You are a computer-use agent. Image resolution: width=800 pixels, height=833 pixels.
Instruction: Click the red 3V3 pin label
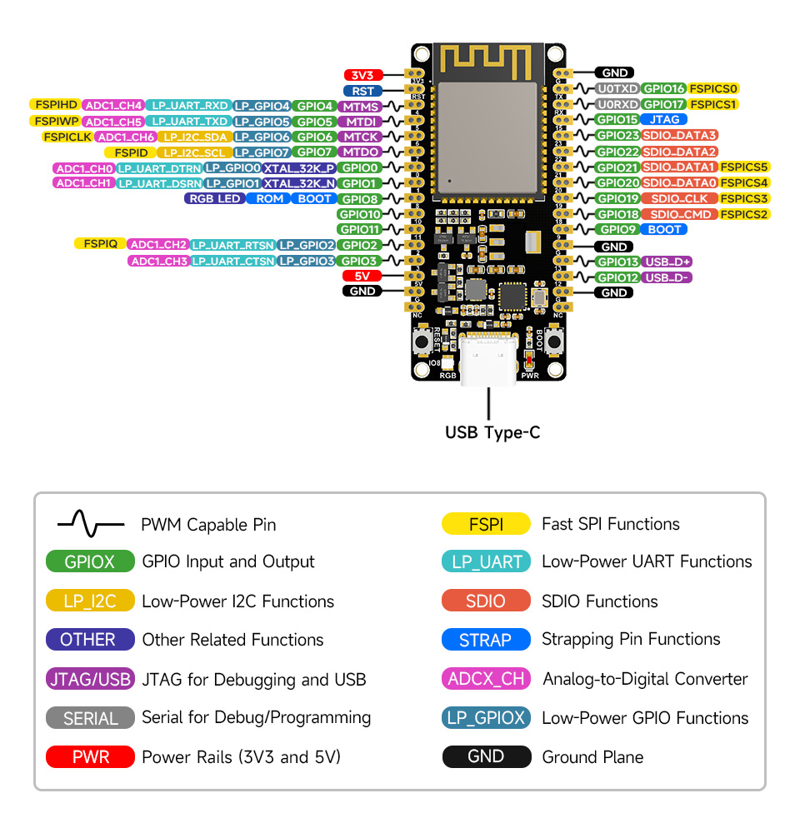(x=362, y=74)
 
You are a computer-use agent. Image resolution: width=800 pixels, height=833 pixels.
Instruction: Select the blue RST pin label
(x=362, y=91)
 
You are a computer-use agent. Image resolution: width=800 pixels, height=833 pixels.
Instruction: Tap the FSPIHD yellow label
(x=54, y=105)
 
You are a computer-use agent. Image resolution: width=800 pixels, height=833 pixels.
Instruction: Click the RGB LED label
(x=214, y=198)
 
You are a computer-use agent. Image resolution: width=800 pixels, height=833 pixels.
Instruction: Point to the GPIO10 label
(x=359, y=214)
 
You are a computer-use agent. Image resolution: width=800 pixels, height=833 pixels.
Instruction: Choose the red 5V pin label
(x=362, y=276)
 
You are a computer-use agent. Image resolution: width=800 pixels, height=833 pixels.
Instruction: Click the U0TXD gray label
(x=617, y=88)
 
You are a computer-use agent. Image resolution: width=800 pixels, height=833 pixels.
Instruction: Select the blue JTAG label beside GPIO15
(x=664, y=119)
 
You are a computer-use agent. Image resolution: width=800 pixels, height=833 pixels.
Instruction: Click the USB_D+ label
(x=668, y=262)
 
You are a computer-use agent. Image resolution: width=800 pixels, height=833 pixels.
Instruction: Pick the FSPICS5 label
(x=745, y=167)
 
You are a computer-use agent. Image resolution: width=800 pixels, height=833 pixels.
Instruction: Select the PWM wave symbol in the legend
(x=90, y=524)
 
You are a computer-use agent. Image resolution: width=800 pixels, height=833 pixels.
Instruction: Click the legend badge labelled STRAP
(x=486, y=640)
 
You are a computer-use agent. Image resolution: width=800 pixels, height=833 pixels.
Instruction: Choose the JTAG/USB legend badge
(x=90, y=679)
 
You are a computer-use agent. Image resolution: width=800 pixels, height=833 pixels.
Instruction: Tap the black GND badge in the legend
(x=486, y=756)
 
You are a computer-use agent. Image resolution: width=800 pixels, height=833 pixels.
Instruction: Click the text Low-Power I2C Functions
(x=237, y=601)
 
